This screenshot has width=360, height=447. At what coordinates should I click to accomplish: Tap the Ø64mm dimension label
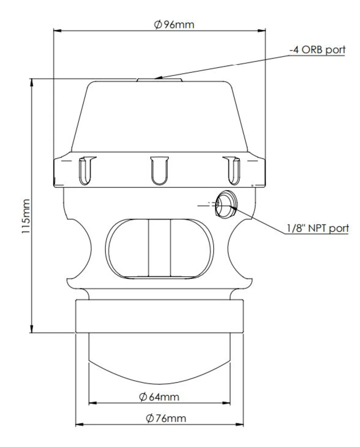click(159, 397)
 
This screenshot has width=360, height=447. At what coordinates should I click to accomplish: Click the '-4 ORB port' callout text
click(317, 50)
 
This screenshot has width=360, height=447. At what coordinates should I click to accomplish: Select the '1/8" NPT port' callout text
click(317, 228)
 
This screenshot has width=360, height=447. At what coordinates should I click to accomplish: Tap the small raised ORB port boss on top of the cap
click(159, 80)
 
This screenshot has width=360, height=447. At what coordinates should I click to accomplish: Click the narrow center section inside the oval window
click(159, 248)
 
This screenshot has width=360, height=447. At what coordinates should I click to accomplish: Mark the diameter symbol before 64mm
click(143, 397)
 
